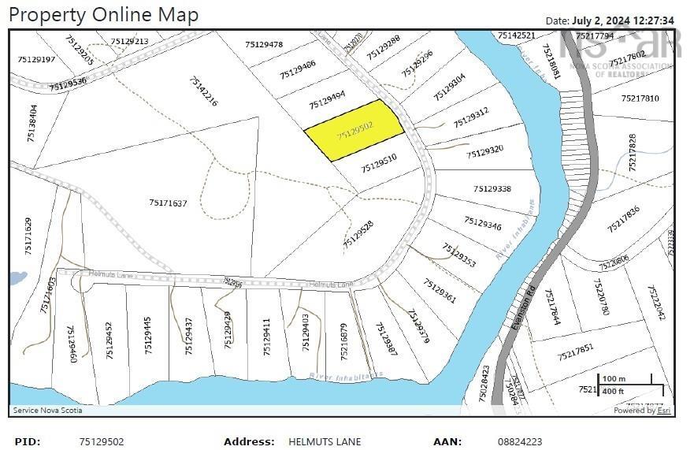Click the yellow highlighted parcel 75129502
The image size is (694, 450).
click(354, 131)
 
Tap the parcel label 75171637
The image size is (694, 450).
click(168, 203)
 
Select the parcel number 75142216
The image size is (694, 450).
click(203, 91)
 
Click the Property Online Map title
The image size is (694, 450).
click(104, 14)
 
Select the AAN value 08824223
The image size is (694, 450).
click(520, 442)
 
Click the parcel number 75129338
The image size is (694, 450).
click(492, 189)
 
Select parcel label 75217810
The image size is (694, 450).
click(640, 99)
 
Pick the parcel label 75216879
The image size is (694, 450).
click(343, 340)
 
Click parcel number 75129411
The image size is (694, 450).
click(267, 336)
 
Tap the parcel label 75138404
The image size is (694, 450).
click(32, 125)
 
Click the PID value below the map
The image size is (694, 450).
click(102, 442)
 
